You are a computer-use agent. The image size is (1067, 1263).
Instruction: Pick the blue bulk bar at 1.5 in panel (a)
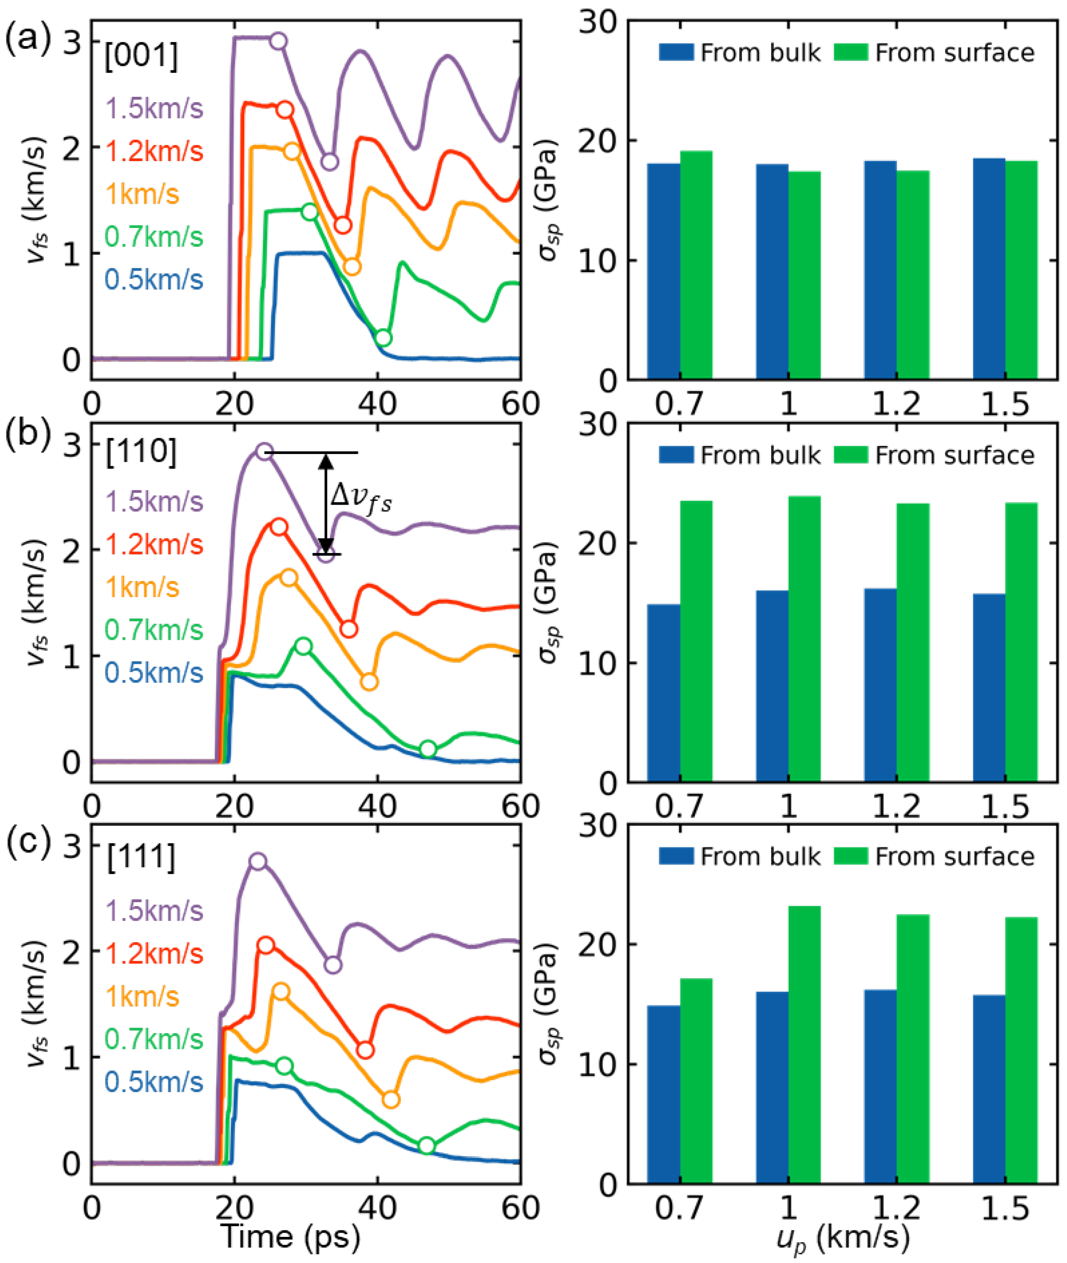[989, 269]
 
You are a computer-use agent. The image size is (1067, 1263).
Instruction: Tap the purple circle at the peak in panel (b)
[264, 451]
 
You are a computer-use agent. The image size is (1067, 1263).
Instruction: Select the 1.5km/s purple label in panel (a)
[154, 109]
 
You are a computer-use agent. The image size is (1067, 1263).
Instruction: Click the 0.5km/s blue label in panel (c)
[154, 1082]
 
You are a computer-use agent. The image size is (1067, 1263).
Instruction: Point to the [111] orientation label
[141, 858]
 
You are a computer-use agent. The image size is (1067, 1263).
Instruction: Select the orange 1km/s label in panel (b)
[142, 587]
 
